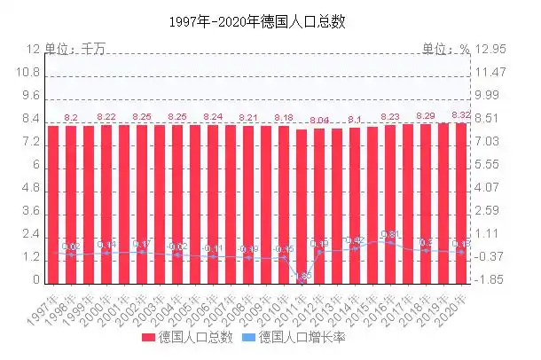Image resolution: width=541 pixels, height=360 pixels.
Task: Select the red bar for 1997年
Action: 53,204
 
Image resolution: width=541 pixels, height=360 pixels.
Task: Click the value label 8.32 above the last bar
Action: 461,115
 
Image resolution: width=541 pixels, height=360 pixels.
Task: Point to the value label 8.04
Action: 319,121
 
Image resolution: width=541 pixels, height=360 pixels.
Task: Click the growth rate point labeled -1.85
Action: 302,278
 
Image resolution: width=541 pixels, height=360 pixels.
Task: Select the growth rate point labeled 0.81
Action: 390,241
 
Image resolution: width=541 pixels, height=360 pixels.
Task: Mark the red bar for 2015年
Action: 372,204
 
